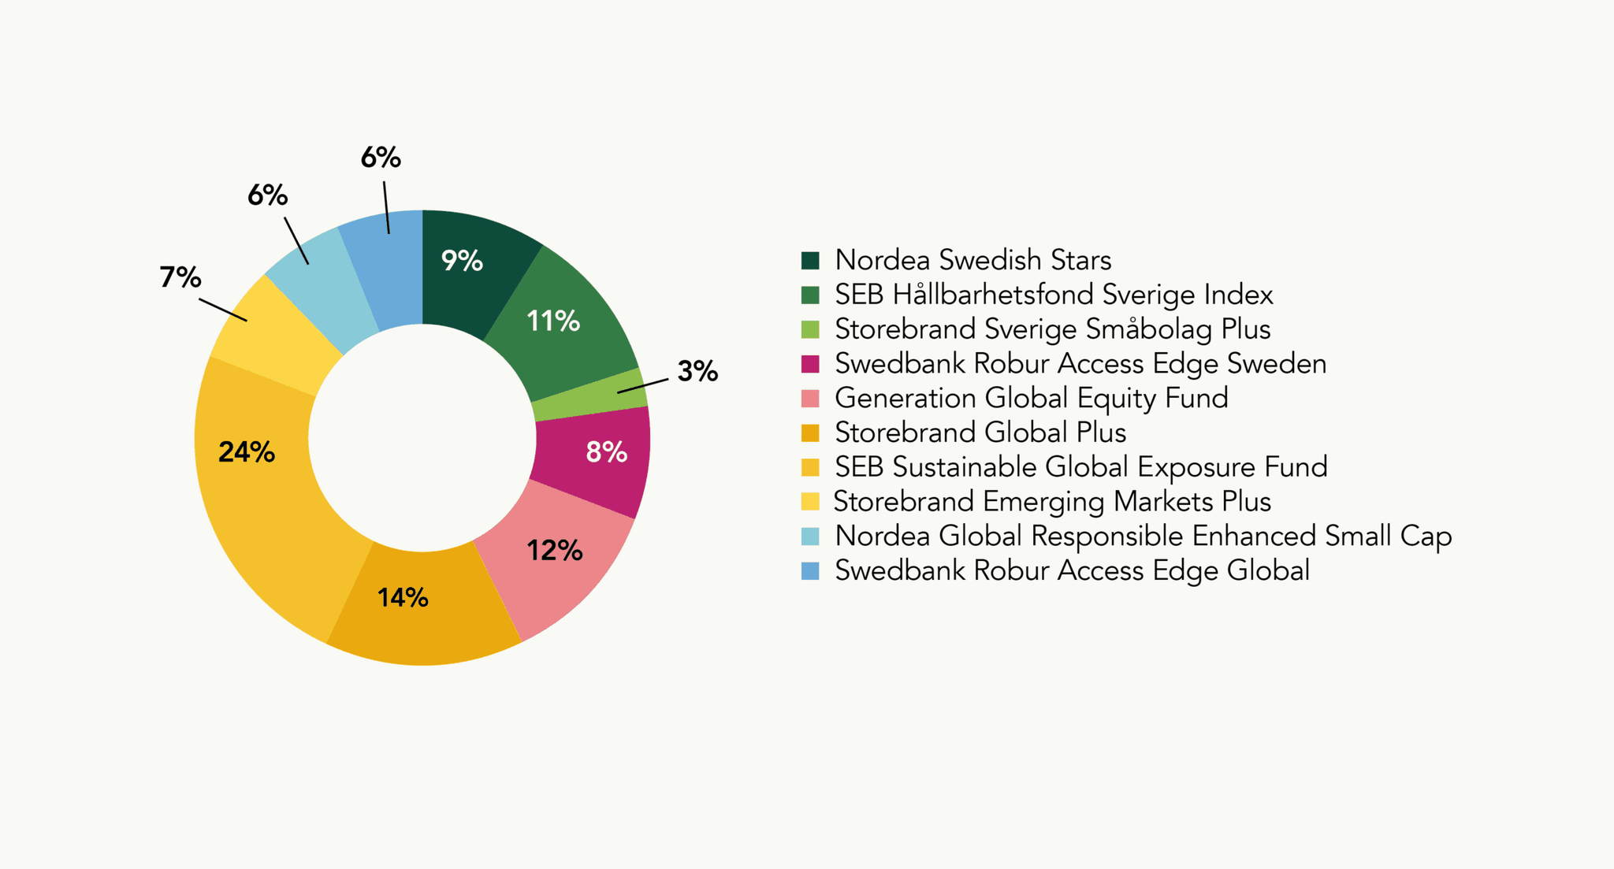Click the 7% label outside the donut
point(180,277)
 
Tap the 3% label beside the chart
point(697,371)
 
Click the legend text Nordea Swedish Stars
point(972,260)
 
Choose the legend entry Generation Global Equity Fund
point(1031,398)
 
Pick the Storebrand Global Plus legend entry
point(980,433)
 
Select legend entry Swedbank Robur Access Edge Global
point(1072,570)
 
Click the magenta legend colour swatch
point(810,364)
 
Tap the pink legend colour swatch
point(810,399)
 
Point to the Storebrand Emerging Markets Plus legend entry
point(1052,502)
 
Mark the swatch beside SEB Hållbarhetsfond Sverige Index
point(810,295)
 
